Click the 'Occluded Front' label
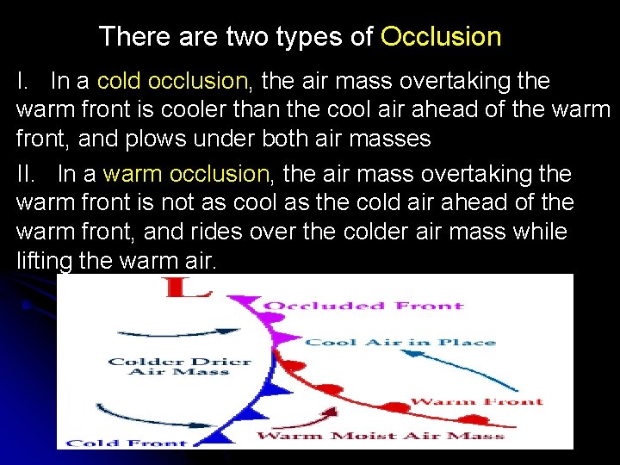[363, 306]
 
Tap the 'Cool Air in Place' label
[401, 342]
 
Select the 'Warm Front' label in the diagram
[476, 401]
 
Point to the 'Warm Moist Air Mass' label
[380, 436]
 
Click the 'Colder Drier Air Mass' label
[180, 366]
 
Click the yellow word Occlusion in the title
[441, 37]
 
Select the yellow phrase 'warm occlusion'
[187, 174]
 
